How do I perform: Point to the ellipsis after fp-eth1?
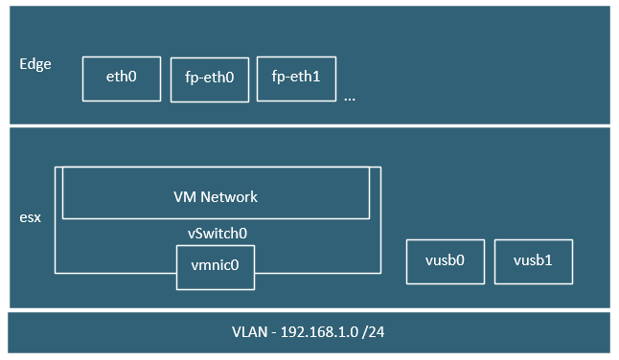(x=349, y=97)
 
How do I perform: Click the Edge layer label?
(x=35, y=64)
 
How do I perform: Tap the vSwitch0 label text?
(x=217, y=232)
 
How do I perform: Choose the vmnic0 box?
(x=216, y=267)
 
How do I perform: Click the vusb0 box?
(x=446, y=260)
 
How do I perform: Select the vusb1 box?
(x=534, y=260)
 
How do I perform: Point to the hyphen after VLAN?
(x=275, y=334)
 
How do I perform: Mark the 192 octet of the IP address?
(x=290, y=334)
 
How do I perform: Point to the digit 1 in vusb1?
(x=550, y=260)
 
